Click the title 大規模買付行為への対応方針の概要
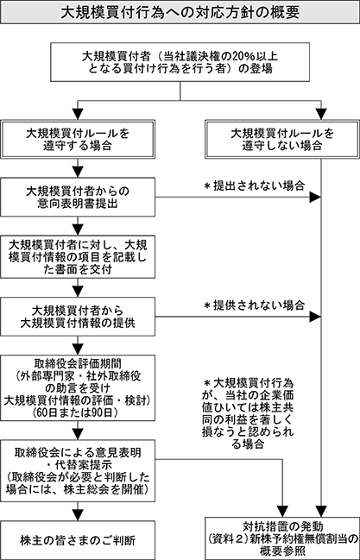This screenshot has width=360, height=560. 180,12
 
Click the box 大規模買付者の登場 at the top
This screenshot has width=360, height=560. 180,62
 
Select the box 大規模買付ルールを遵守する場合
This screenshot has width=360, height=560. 78,139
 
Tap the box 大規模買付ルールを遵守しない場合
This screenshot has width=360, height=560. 282,139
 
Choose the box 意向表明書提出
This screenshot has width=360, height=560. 78,197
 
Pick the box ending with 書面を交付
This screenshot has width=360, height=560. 78,257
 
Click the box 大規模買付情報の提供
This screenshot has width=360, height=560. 78,317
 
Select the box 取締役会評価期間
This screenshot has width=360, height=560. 78,387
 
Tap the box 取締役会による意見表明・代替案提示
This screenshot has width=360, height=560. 78,471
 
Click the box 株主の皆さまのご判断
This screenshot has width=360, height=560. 78,540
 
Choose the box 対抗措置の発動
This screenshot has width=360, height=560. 282,538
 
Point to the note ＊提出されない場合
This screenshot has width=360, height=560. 254,186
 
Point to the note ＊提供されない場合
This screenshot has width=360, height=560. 254,305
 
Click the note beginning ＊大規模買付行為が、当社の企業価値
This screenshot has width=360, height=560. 248,413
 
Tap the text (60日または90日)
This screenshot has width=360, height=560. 78,412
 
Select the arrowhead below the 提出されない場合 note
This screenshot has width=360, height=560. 315,197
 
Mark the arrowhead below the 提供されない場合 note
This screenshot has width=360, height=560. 315,317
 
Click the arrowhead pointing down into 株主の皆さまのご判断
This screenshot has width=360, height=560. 78,514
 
